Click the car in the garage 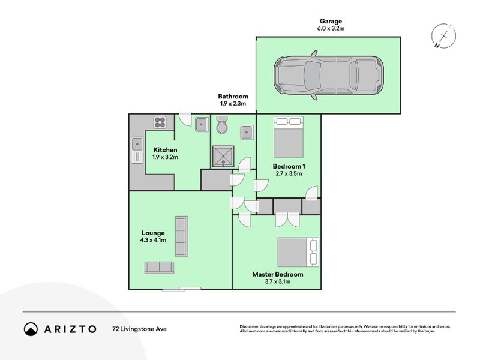point(329,76)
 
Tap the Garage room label point(331,21)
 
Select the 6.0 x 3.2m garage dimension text point(331,28)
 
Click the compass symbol point(443,36)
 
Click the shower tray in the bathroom point(223,157)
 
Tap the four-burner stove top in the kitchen point(160,122)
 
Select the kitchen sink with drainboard point(137,150)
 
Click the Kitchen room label point(166,149)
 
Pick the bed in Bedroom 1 point(289,137)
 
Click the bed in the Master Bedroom point(298,252)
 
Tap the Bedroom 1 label point(289,166)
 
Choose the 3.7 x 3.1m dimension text point(278,281)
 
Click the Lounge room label point(153,233)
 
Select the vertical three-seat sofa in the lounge point(182,236)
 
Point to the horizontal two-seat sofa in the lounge point(159,268)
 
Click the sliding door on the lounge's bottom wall point(182,289)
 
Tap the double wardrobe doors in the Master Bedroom point(287,220)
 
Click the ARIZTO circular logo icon point(31,329)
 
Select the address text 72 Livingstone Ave point(140,329)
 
